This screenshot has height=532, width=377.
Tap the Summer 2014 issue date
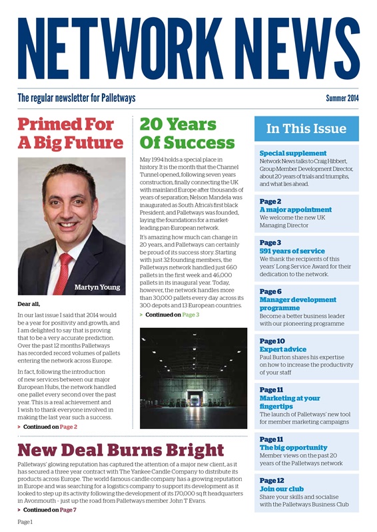[342, 98]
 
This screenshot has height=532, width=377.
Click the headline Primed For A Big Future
[70, 134]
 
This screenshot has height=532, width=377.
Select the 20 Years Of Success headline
[187, 134]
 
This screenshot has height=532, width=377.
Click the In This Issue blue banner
[306, 129]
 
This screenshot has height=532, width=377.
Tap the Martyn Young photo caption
[97, 287]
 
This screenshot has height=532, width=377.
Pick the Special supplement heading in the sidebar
[292, 153]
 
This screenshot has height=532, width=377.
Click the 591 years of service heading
[292, 251]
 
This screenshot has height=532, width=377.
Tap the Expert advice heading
[282, 349]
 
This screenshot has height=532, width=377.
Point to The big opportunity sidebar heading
[293, 448]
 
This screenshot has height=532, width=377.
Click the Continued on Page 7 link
[49, 509]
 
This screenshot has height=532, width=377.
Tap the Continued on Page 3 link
[172, 314]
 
